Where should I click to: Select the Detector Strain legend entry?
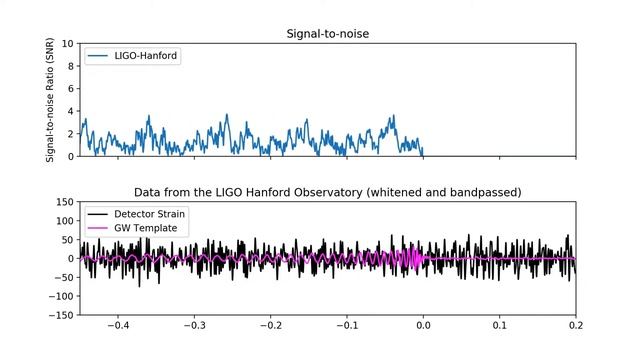point(149,214)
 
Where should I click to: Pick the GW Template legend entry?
point(146,228)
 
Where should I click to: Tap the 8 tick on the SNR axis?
point(70,66)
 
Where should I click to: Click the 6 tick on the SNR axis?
point(70,89)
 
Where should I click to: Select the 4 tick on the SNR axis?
point(70,111)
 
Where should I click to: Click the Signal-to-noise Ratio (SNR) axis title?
point(51,100)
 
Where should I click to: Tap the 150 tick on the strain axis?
point(65,202)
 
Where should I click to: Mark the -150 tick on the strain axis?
point(62,315)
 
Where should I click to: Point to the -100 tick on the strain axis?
point(62,296)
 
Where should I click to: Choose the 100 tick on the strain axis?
point(65,221)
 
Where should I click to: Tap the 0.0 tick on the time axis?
point(423,326)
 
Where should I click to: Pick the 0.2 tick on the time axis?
point(575,326)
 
